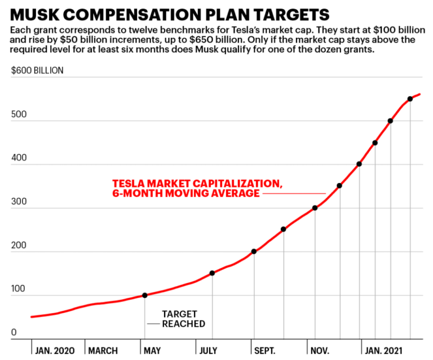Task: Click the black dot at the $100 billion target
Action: (145, 295)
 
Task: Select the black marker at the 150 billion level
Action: (212, 273)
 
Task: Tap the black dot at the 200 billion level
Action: (254, 251)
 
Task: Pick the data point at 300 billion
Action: (315, 208)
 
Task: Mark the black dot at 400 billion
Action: (359, 164)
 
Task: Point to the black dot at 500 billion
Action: (390, 121)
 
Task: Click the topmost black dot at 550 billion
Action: (410, 99)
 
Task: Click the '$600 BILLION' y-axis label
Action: (37, 70)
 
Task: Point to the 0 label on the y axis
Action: (14, 332)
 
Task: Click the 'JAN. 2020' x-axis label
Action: (54, 350)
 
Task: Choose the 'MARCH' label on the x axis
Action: (104, 350)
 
